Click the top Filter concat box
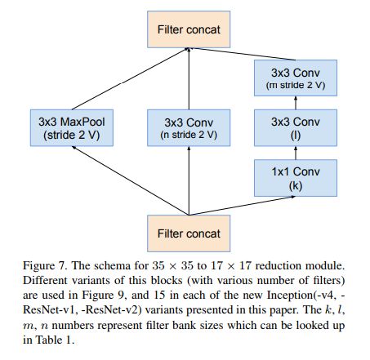tap(189, 29)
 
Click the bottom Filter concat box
tap(189, 233)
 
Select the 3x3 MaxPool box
tap(72, 128)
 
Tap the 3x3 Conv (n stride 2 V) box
tap(189, 128)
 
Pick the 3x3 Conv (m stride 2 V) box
tap(296, 78)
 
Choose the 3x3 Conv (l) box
tap(296, 128)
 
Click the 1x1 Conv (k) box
tap(296, 178)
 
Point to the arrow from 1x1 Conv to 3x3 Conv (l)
tap(296, 153)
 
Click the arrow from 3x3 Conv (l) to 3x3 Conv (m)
tap(296, 103)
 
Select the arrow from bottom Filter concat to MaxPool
tap(130, 180)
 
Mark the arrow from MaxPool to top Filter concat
tap(130, 79)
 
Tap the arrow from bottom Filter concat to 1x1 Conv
tap(242, 206)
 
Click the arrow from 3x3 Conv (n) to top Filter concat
tap(189, 78)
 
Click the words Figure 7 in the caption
tap(45, 266)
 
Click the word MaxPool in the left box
tap(82, 122)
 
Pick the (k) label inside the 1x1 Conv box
tap(296, 186)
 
